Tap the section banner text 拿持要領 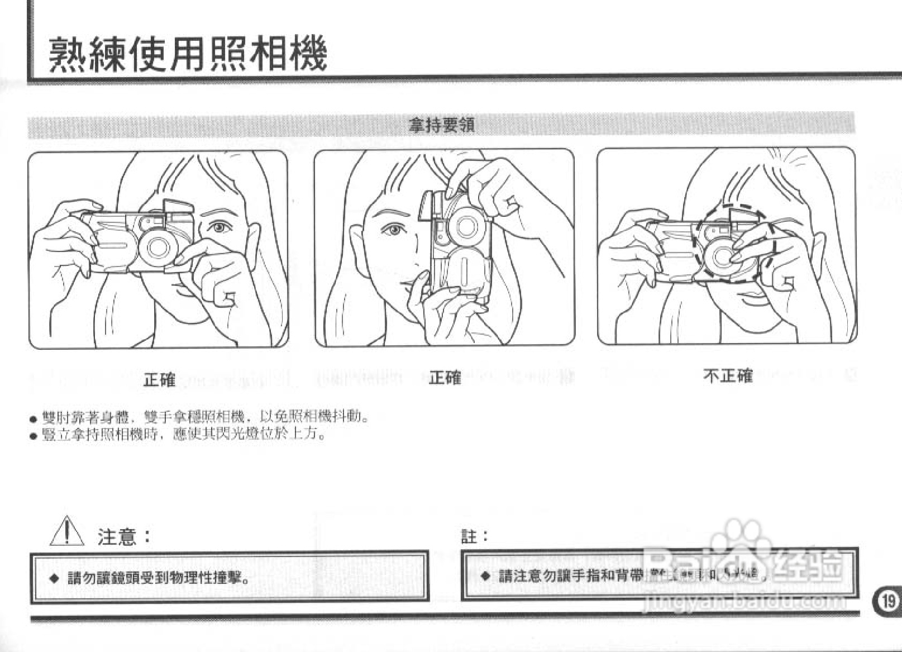[x=441, y=125]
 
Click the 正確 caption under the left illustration [x=160, y=380]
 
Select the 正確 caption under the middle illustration [x=445, y=378]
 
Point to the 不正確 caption [x=728, y=376]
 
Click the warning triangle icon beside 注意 [x=67, y=531]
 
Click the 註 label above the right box [x=469, y=537]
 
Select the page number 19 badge [x=887, y=601]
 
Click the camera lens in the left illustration [x=158, y=247]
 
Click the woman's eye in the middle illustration [x=393, y=229]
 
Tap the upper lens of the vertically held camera [x=463, y=226]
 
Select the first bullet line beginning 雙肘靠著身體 [x=205, y=417]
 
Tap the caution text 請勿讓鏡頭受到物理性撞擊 [x=159, y=578]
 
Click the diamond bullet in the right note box [x=485, y=575]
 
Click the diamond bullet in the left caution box [x=54, y=578]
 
